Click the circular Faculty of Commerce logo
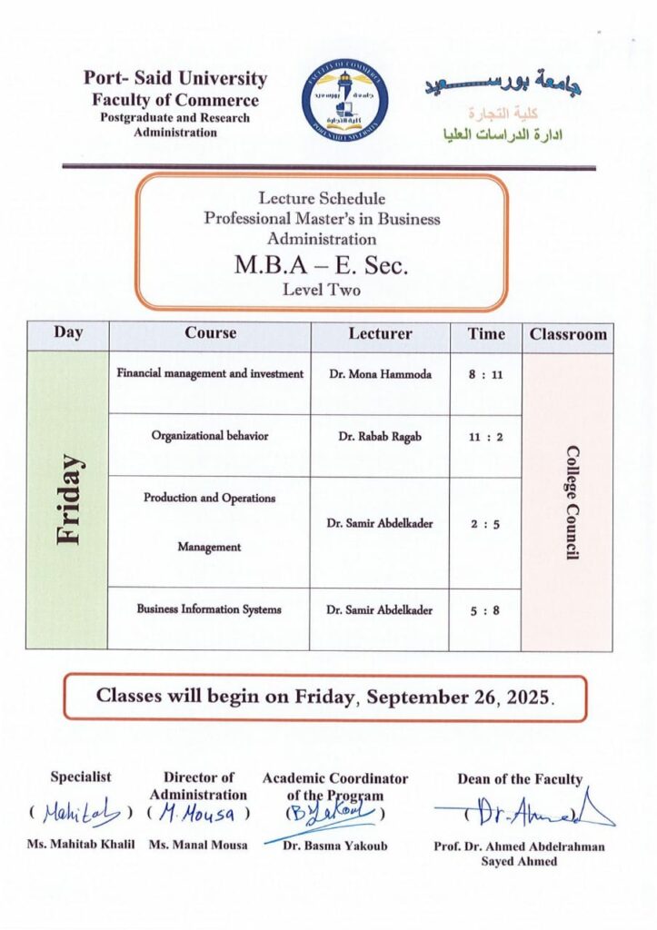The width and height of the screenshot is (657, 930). coord(344,102)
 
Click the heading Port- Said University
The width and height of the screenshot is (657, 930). coord(174,79)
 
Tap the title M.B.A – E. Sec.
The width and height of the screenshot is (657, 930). coord(322,266)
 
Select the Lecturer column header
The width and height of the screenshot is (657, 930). coord(380,333)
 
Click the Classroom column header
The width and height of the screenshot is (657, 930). coord(568,334)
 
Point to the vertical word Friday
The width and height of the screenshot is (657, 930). coord(67,500)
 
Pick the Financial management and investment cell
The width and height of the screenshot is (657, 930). coord(210,373)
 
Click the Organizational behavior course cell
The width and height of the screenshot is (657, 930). coord(210,436)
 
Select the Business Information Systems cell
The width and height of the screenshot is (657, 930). coord(210,609)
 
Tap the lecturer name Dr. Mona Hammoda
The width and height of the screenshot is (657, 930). coord(380,373)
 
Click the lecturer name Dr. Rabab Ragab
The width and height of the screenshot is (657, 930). coord(380,436)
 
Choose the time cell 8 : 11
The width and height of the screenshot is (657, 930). coord(485,373)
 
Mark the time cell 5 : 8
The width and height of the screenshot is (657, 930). coord(485,610)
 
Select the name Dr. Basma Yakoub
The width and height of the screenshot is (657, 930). coord(335,846)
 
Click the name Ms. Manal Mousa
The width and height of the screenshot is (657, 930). coord(198,846)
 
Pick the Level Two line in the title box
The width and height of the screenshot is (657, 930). coord(322,291)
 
